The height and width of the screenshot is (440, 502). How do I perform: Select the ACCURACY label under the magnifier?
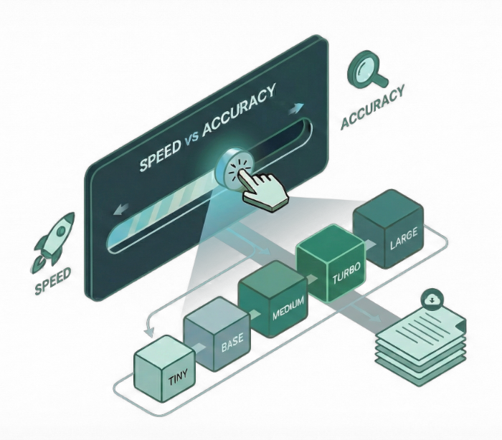point(372,108)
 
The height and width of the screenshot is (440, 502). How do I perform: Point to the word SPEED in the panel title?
point(159,157)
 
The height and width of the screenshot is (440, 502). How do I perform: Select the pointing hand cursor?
point(261,188)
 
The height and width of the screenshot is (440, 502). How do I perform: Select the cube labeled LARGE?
point(390,231)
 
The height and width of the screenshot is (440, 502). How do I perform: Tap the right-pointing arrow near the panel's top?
point(293,110)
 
